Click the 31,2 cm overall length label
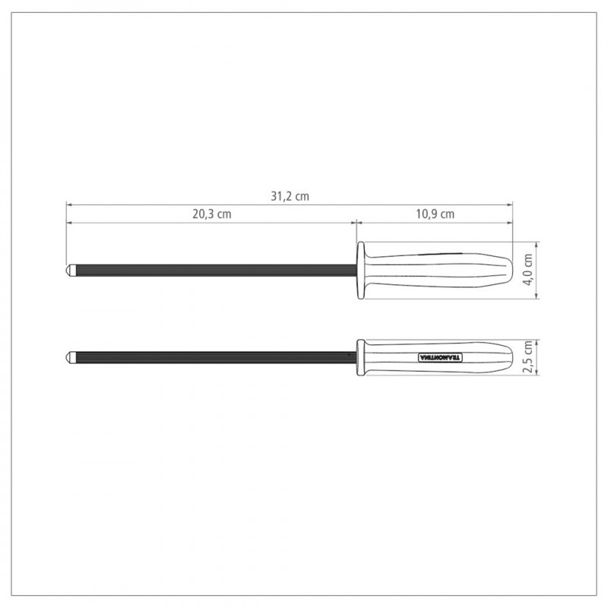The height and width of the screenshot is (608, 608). (290, 196)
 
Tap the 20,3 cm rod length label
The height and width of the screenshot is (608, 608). (212, 214)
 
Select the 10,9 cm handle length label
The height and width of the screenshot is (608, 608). (435, 214)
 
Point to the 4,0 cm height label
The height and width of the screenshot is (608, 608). (528, 270)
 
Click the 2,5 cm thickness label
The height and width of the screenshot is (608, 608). (528, 356)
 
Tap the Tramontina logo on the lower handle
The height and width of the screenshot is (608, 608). (441, 357)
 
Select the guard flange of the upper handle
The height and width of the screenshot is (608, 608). (360, 271)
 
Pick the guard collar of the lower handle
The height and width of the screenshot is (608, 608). (360, 357)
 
